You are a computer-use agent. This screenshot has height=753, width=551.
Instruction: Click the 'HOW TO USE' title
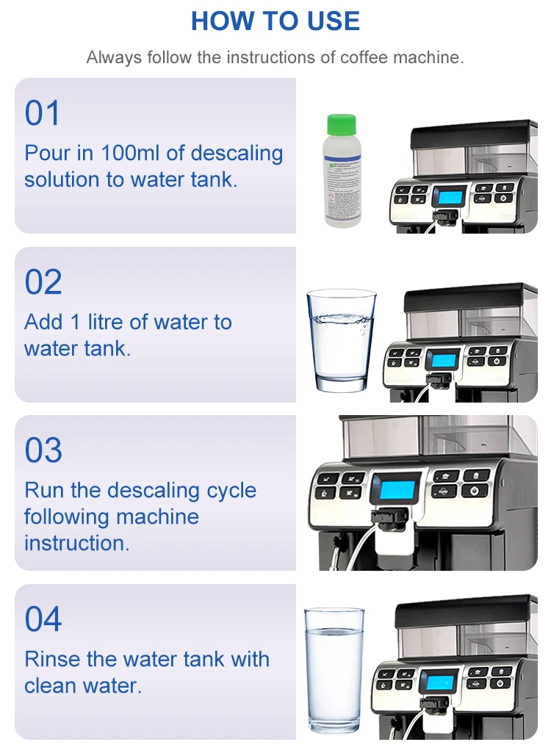tap(275, 21)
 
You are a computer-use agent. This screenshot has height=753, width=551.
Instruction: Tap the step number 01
tap(43, 114)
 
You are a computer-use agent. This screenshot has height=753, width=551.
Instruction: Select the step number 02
tap(43, 283)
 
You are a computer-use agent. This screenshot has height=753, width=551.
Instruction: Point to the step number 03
tap(43, 450)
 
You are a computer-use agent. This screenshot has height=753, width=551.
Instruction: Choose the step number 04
tap(43, 619)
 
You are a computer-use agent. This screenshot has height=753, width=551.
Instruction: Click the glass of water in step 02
tap(340, 340)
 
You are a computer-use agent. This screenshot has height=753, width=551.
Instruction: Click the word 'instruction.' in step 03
tap(76, 543)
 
